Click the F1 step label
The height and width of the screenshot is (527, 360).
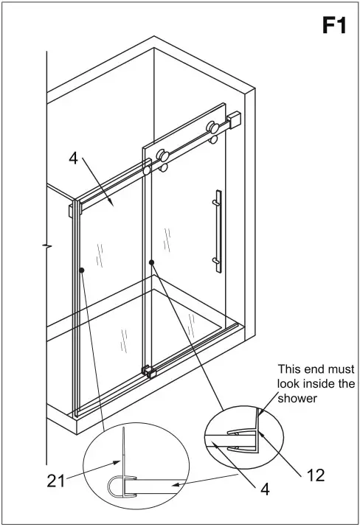[333, 26]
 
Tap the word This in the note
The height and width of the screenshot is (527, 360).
[290, 369]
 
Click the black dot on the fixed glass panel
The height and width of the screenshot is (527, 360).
[82, 271]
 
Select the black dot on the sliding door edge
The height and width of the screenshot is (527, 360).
[151, 262]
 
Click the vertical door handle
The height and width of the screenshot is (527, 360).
[217, 230]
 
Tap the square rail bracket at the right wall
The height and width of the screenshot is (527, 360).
[235, 119]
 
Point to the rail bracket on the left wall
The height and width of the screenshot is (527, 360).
[72, 209]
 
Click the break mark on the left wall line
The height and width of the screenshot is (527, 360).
[47, 242]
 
